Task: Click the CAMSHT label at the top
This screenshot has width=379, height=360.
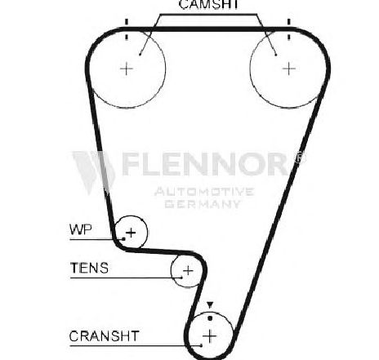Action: tap(209, 4)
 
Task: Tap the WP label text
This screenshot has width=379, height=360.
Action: tap(81, 229)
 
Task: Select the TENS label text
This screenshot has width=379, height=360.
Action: tap(89, 268)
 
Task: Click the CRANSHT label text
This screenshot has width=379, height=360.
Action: tap(105, 336)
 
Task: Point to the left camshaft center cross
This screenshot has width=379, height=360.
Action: tap(127, 69)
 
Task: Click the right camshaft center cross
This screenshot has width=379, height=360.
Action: tap(289, 69)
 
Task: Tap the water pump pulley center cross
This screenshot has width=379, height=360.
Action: tap(132, 233)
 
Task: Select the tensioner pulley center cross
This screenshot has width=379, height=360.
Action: tap(188, 271)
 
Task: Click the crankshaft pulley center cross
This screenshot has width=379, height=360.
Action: tap(210, 336)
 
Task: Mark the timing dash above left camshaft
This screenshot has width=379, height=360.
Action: tap(127, 29)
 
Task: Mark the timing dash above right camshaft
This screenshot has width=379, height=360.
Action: tap(289, 29)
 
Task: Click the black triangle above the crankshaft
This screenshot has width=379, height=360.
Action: tap(210, 305)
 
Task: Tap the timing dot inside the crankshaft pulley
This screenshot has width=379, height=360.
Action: tap(210, 318)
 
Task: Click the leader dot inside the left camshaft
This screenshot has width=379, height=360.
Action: tap(140, 54)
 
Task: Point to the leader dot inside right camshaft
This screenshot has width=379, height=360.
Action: tap(276, 55)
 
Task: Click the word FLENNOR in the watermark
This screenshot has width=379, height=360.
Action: tap(205, 163)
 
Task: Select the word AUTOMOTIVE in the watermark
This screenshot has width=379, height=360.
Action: tap(204, 192)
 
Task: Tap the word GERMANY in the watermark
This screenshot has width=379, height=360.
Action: tap(203, 204)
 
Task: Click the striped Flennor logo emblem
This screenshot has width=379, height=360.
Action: tap(94, 172)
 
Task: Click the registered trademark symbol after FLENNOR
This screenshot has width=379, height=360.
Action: tap(300, 157)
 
